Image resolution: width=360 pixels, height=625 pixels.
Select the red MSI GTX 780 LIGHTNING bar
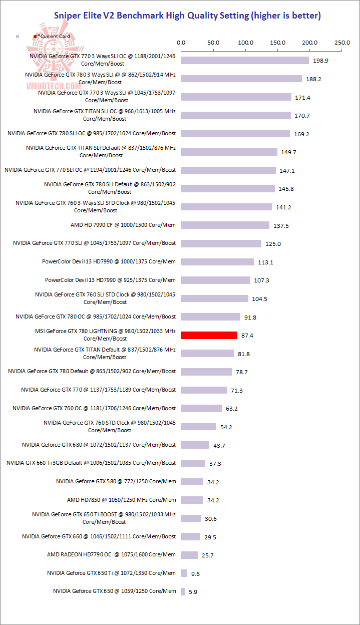[209, 335]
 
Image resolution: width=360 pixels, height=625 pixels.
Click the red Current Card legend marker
[35, 37]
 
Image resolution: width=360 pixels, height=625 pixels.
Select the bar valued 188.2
[241, 79]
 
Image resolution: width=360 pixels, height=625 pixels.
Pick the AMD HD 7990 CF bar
[225, 225]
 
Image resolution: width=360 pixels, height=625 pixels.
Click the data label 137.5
[281, 226]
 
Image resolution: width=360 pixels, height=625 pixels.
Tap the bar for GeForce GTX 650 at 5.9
[183, 591]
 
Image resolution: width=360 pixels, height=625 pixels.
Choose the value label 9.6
[195, 573]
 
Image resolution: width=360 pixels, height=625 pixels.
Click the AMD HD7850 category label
[122, 500]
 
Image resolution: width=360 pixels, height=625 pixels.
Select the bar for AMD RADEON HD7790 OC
[189, 555]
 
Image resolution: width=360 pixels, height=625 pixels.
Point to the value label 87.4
[247, 336]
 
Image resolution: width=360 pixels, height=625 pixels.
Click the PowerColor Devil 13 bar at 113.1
[217, 262]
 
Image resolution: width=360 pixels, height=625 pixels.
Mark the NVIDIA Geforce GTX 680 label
[99, 445]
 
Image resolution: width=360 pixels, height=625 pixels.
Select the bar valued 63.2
[201, 408]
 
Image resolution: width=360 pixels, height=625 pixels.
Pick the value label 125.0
[273, 244]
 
